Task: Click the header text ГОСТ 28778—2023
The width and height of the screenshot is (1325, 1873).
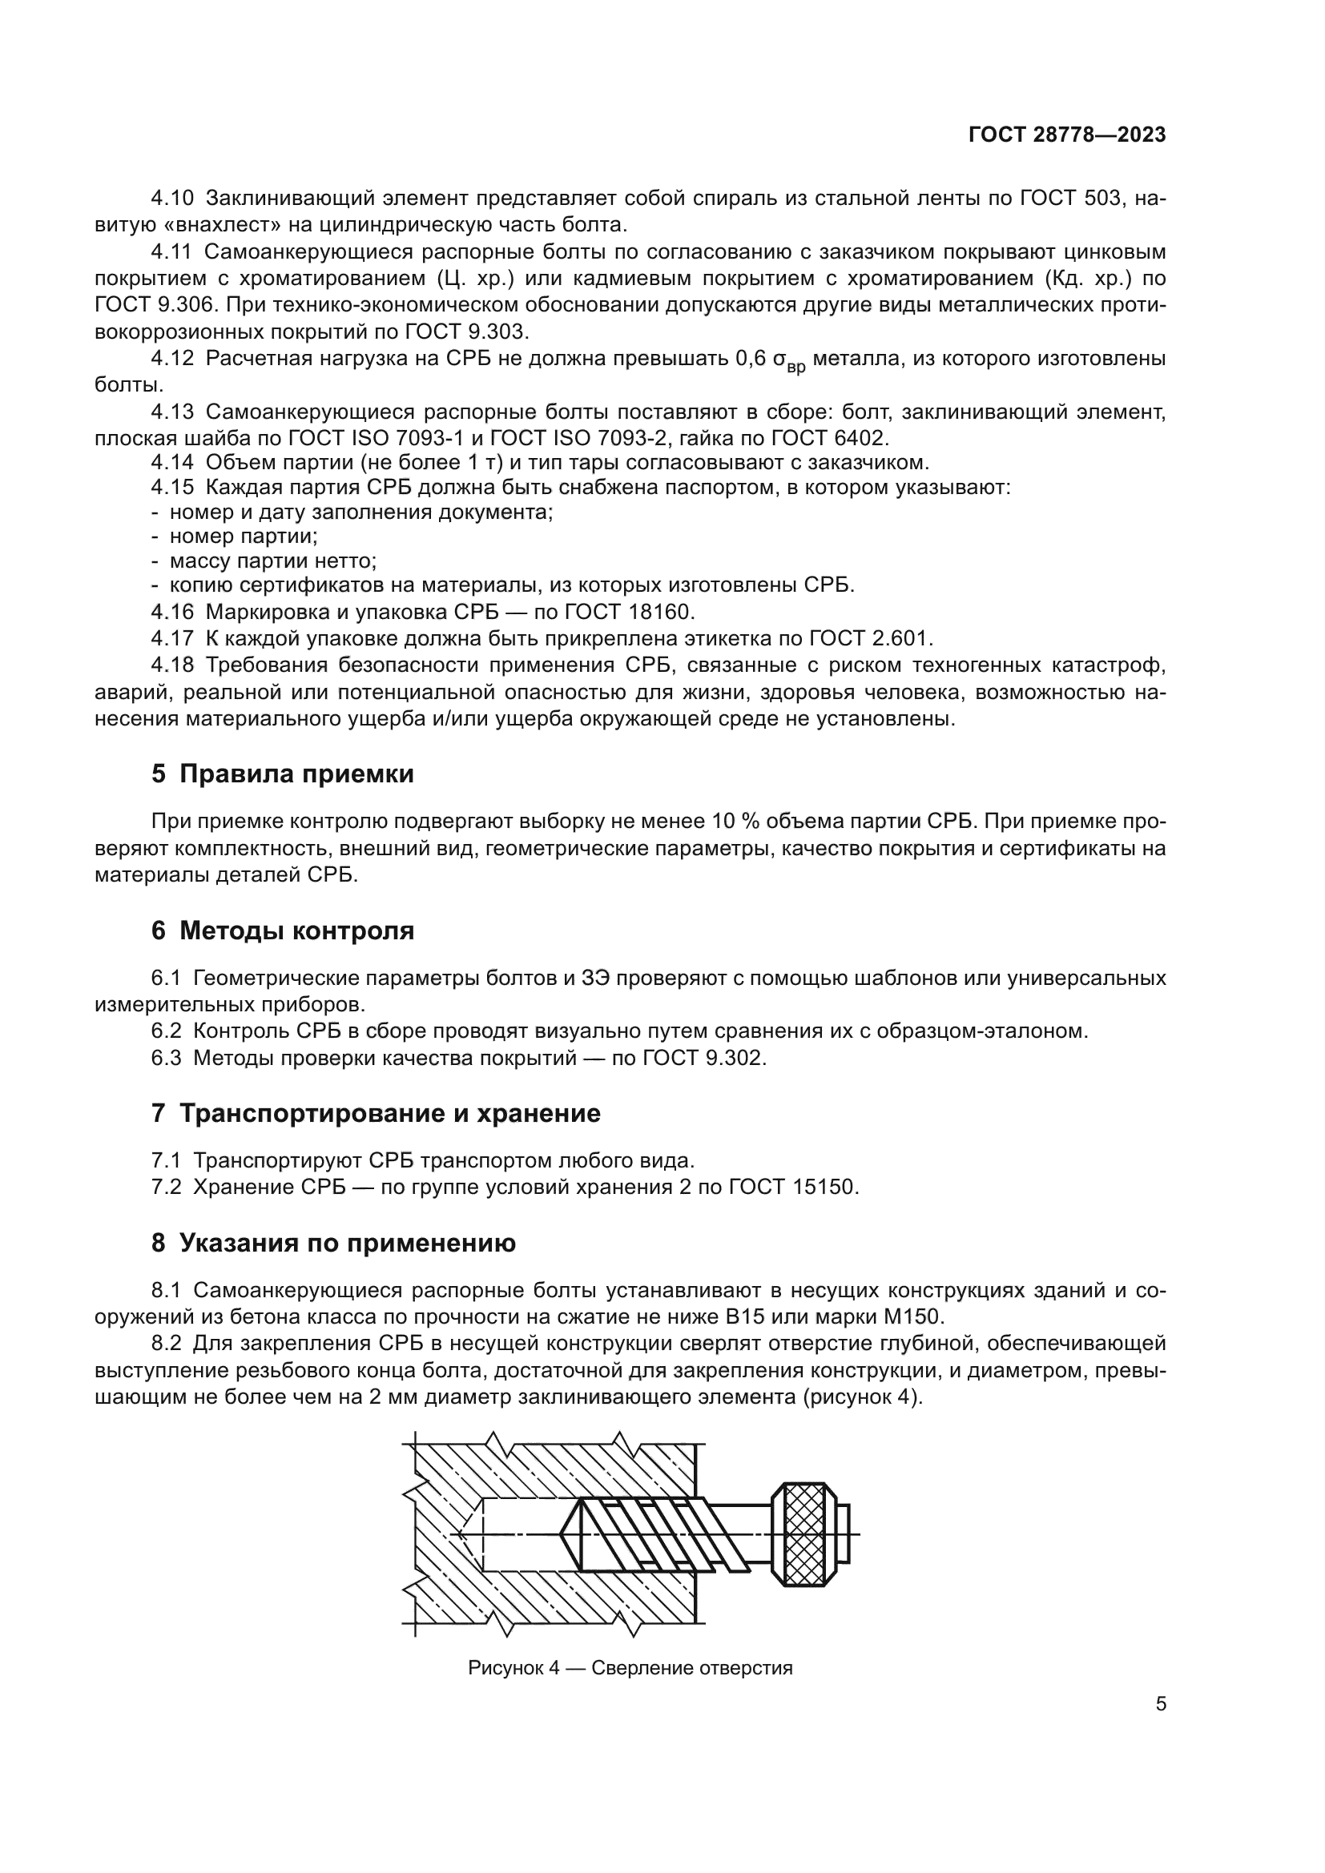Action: click(1066, 135)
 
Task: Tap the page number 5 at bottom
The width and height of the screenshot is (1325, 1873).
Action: click(1160, 1703)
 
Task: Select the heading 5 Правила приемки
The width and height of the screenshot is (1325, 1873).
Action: click(282, 774)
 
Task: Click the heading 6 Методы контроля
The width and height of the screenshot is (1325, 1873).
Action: click(282, 930)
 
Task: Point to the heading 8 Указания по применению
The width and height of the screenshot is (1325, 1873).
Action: click(333, 1244)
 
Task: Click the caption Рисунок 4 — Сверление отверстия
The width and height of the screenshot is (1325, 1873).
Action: click(630, 1667)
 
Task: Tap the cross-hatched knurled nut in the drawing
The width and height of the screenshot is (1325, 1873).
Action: click(804, 1533)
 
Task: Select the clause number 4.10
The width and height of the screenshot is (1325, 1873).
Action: click(172, 199)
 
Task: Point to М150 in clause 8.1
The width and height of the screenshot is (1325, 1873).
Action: click(909, 1316)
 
